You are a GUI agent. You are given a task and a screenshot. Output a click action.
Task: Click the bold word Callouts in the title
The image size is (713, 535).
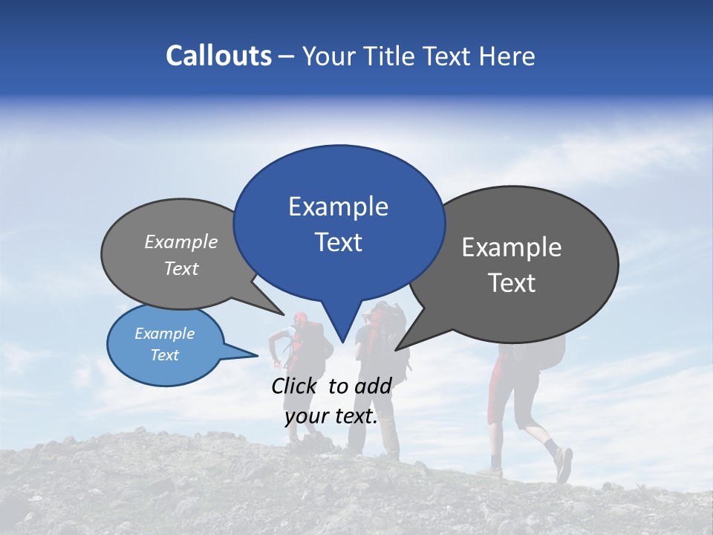(218, 56)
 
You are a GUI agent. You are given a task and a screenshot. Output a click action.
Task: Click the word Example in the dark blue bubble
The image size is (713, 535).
(338, 207)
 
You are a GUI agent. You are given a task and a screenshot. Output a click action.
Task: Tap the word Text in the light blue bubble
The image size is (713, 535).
(165, 355)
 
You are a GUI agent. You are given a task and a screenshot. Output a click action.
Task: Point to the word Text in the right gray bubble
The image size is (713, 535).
(512, 283)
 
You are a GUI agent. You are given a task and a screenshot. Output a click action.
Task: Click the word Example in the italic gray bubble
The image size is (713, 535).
(181, 241)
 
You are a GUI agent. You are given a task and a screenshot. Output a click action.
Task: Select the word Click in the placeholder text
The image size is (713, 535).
(295, 386)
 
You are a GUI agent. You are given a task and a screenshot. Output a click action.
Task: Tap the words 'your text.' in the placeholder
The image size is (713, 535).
(331, 417)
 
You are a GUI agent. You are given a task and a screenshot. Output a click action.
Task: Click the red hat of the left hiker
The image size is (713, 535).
(300, 319)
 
